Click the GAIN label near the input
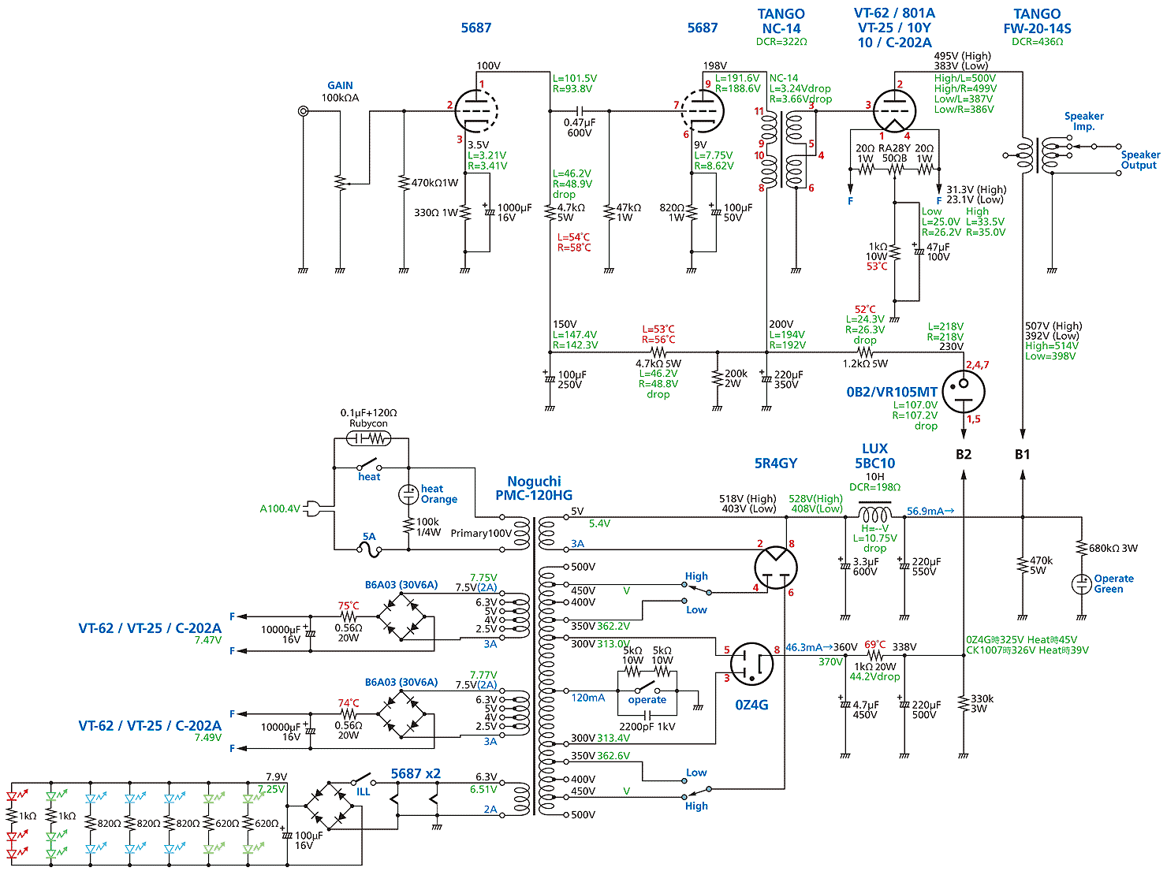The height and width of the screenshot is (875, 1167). (340, 85)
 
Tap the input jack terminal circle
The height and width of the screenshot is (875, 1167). (303, 111)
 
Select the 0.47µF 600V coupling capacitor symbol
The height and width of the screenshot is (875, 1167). (580, 111)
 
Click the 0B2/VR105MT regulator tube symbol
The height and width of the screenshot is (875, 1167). (964, 391)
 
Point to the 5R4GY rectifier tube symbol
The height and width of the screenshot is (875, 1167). (775, 566)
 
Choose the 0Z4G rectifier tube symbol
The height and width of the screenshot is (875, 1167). (751, 664)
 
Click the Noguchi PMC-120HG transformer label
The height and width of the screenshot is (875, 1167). (534, 488)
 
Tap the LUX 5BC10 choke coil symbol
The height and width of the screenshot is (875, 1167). (874, 512)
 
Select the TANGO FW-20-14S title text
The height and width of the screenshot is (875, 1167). (1037, 21)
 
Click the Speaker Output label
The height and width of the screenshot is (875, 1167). (1139, 160)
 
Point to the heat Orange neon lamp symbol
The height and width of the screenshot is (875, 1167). (408, 494)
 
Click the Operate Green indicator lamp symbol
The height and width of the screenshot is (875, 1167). (1081, 584)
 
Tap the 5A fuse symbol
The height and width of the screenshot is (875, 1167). (370, 550)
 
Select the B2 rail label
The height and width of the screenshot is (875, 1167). (964, 454)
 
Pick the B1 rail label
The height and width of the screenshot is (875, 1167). (1023, 454)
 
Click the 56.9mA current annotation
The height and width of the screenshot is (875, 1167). (930, 512)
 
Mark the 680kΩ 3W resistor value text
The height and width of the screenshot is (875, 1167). (1113, 548)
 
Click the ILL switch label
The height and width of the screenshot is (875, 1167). (363, 791)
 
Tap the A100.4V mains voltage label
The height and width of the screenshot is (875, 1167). (280, 508)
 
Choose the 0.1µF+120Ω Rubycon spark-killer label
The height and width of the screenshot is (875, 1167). (368, 418)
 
